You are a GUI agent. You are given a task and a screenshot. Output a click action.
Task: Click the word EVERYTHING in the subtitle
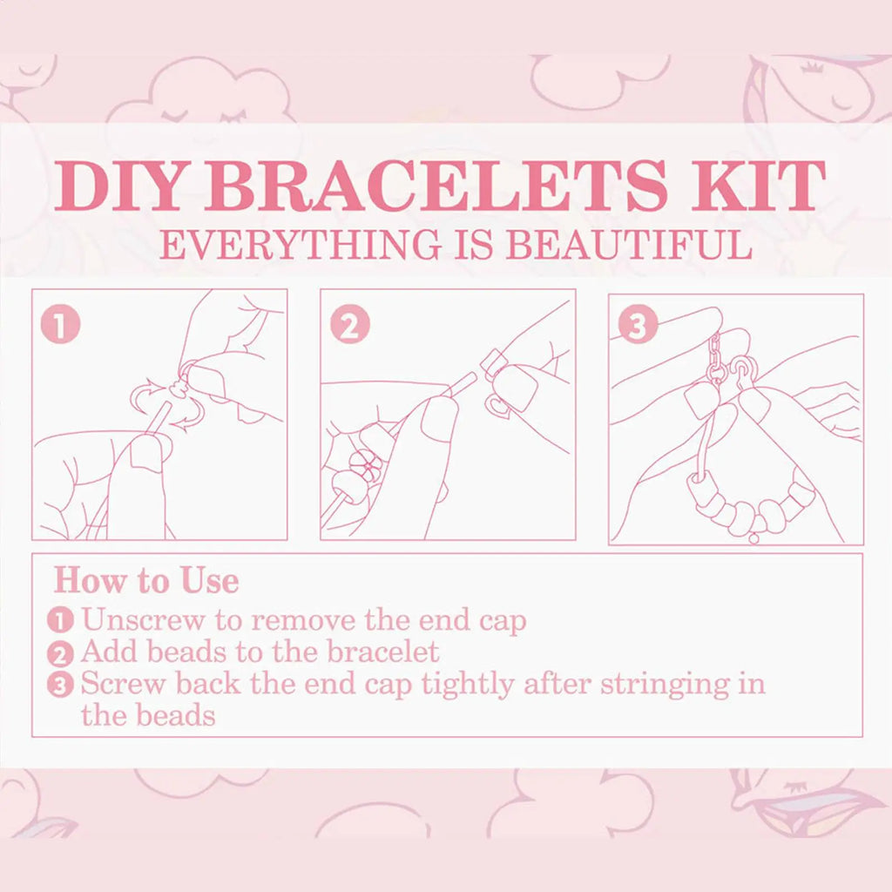tap(301, 245)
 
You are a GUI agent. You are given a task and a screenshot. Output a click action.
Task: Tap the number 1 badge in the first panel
tap(60, 324)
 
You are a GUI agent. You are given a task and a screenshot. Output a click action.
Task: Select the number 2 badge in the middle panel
tap(350, 324)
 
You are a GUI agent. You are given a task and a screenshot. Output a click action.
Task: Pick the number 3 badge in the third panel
tap(638, 325)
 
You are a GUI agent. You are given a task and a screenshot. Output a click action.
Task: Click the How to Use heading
tap(146, 580)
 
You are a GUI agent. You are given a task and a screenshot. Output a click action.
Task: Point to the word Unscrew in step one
tap(143, 619)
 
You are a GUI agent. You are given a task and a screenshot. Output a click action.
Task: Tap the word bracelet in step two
tap(383, 652)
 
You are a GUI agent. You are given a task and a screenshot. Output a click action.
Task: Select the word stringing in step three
tap(665, 685)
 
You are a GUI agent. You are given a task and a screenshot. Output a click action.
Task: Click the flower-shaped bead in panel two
tap(365, 465)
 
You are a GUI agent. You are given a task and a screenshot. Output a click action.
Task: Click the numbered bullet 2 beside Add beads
tap(60, 654)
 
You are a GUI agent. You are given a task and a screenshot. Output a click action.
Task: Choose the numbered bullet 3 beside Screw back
tap(60, 686)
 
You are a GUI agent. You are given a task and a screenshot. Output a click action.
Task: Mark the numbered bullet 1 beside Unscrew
tap(60, 620)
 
